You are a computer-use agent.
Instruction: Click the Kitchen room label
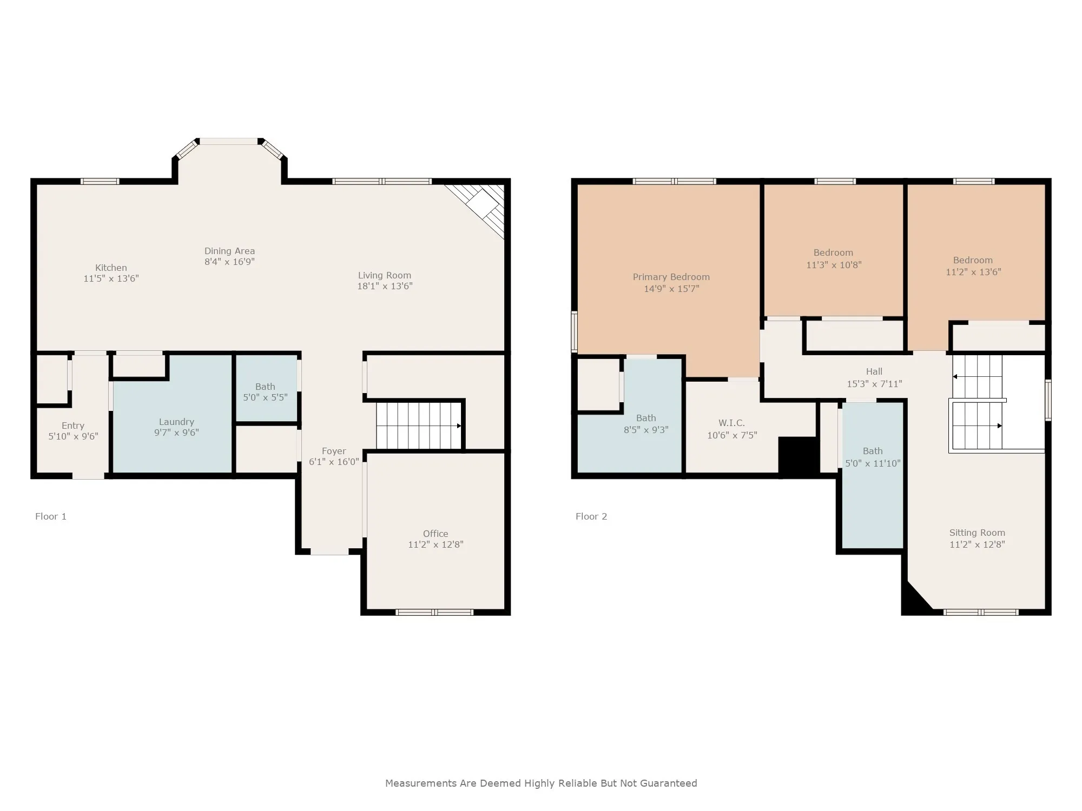[x=111, y=268]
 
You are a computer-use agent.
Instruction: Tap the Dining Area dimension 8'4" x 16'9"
[x=229, y=262]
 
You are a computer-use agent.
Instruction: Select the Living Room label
[x=384, y=275]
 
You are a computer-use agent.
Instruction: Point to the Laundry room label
[x=176, y=422]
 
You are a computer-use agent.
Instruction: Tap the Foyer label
[x=334, y=451]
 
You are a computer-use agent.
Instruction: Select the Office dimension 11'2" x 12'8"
[x=436, y=544]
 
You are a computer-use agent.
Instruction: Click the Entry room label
[x=73, y=426]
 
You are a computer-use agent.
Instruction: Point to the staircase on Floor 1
[x=419, y=426]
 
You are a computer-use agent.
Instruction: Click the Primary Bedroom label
[x=671, y=277]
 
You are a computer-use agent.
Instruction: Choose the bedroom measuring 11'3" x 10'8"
[x=833, y=251]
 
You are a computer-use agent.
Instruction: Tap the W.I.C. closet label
[x=732, y=423]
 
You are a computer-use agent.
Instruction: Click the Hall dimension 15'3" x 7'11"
[x=874, y=384]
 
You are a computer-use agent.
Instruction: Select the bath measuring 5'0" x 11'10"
[x=873, y=475]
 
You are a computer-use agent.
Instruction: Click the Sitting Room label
[x=977, y=533]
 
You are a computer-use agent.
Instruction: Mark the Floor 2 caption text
[x=591, y=516]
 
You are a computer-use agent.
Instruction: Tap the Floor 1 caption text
[x=51, y=516]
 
